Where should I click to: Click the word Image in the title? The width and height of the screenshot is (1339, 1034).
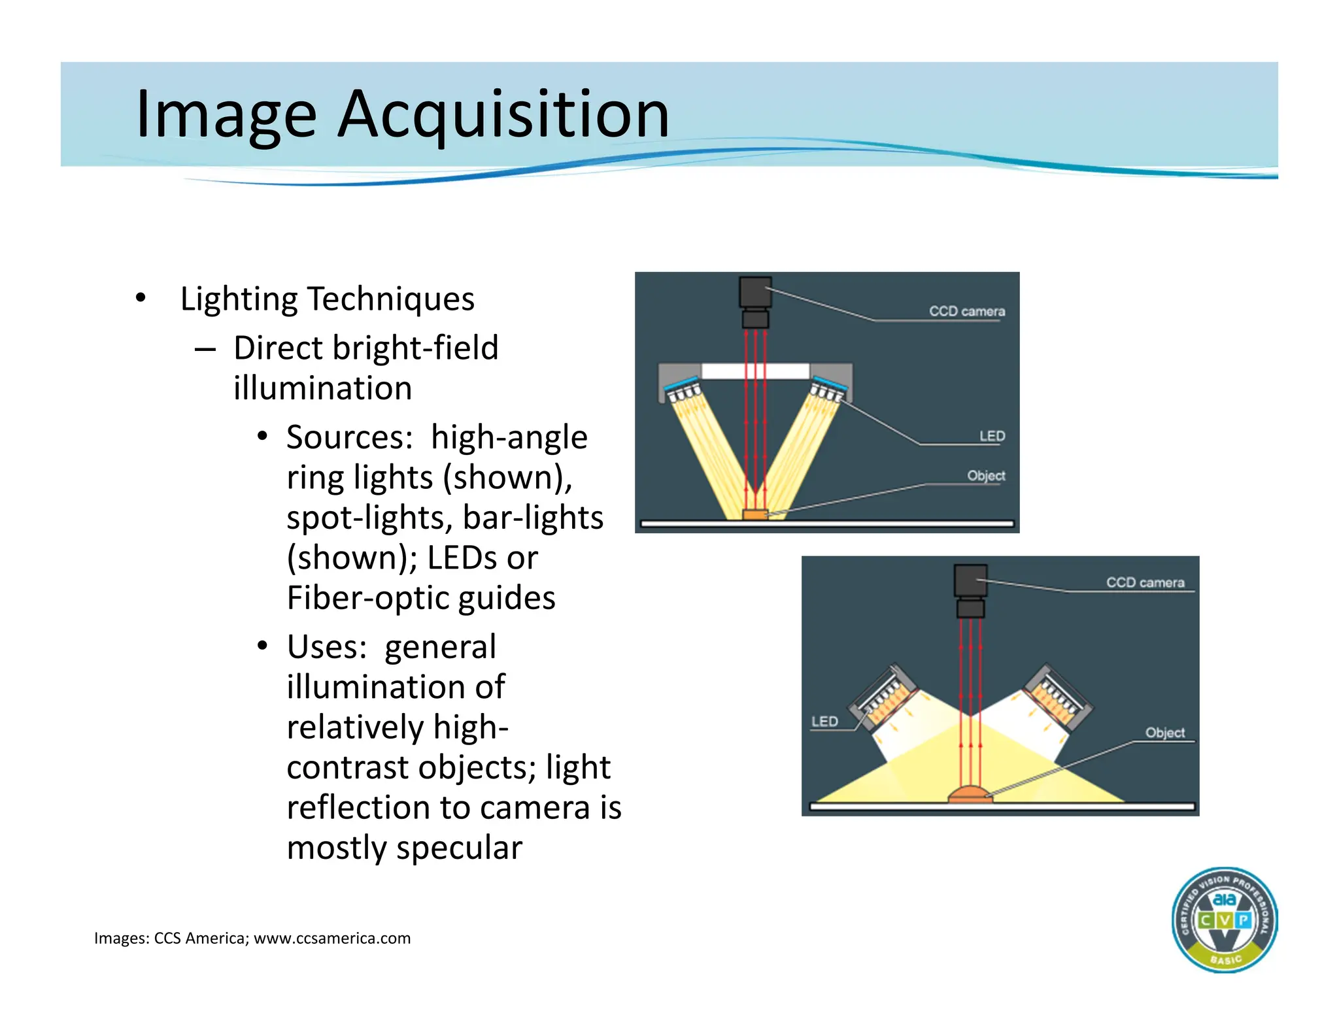tap(226, 116)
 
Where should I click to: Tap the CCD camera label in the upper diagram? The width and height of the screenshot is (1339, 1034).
tap(966, 312)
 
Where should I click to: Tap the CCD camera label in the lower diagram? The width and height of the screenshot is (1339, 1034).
tap(1145, 583)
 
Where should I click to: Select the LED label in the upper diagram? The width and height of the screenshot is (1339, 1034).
tap(992, 436)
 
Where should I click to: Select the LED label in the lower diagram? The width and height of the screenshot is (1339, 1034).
tap(824, 722)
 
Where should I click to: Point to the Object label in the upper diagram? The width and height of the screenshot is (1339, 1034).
tap(986, 476)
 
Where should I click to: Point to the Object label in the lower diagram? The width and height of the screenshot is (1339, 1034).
tap(1164, 733)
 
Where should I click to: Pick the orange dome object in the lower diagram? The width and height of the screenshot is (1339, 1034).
tap(970, 794)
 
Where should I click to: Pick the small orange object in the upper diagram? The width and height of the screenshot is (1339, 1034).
tap(755, 515)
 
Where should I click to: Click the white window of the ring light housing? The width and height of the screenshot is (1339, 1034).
tap(755, 371)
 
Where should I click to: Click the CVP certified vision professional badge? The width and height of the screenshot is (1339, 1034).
tap(1224, 920)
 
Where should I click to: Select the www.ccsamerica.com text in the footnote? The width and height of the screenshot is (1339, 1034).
tap(332, 939)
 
